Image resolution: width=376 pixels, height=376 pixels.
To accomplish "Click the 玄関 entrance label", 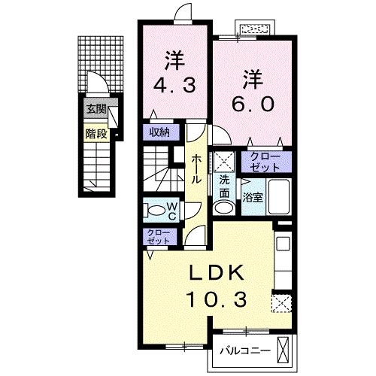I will click(x=96, y=110).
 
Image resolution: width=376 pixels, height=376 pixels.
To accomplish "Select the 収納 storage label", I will click(x=159, y=132).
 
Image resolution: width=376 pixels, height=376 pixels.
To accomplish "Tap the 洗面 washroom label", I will click(x=225, y=186).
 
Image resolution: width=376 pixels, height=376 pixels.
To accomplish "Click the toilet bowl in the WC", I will click(x=153, y=210).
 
